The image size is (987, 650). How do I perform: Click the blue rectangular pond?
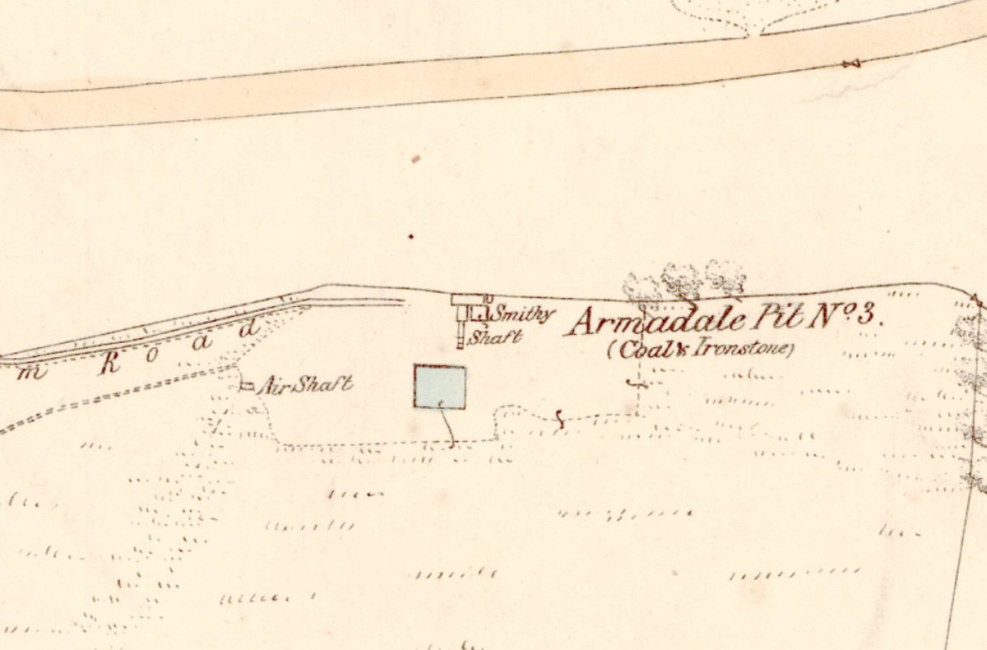coord(440,387)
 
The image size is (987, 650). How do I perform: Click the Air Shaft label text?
coord(305,384)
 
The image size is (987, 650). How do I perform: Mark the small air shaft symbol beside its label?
coord(246,386)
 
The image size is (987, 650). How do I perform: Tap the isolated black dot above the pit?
coord(411,237)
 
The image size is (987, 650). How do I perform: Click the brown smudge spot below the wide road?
coord(417,158)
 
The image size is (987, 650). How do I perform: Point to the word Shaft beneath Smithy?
coord(496,336)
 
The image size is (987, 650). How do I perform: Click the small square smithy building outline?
coord(476,313)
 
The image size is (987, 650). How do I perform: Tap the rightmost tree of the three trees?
coord(725,277)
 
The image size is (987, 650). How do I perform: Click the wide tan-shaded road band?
coord(493,78)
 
